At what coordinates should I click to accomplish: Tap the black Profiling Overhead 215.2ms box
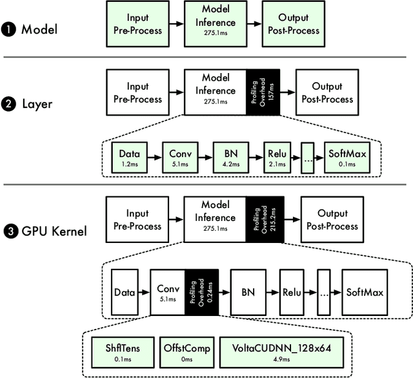pyautogui.click(x=263, y=222)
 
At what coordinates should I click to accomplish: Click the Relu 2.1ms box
pyautogui.click(x=277, y=158)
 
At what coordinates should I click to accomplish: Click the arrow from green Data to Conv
pyautogui.click(x=152, y=158)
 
